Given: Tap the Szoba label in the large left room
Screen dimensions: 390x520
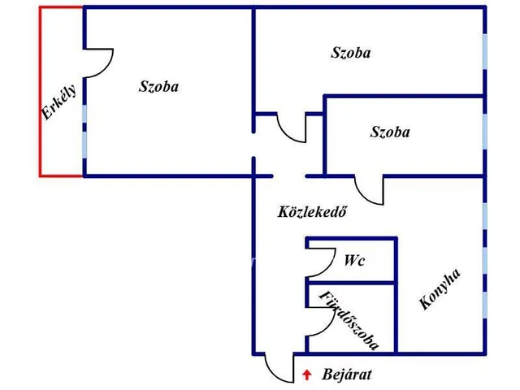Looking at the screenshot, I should pos(158,86).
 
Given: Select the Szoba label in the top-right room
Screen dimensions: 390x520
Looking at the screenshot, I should pos(351,53).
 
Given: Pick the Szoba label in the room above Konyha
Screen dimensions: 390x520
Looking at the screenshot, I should pos(389,132).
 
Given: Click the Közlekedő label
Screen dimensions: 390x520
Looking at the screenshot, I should pos(313,214).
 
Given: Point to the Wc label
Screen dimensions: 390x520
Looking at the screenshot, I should pos(353,262).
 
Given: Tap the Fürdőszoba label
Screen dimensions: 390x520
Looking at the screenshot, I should pos(349,320).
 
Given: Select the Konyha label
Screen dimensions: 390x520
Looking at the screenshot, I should pos(440,289).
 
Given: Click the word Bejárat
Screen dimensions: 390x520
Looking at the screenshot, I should pos(347,375).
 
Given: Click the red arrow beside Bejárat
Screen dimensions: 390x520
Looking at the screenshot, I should pos(306,375).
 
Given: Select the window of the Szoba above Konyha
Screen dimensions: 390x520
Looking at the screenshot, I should pos(485,130).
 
